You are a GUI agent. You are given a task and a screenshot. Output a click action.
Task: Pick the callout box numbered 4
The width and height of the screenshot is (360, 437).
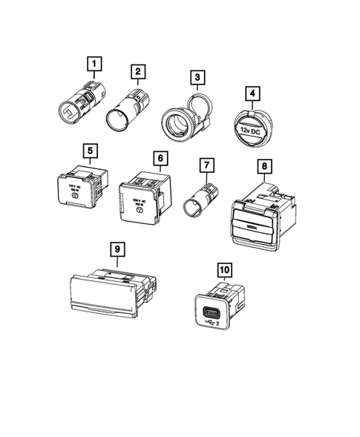click(254, 95)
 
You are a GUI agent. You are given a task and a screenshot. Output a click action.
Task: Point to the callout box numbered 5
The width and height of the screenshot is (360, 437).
click(90, 151)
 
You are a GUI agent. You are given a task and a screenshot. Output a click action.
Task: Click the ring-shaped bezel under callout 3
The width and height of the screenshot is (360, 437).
click(183, 119)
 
